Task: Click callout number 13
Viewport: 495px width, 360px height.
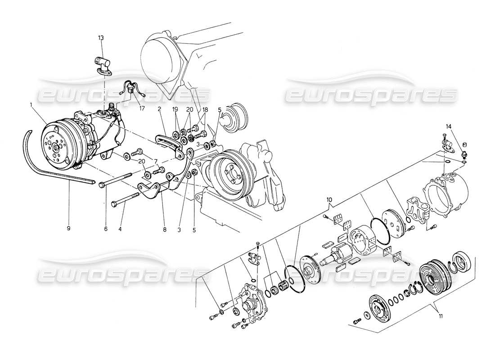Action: [100, 38]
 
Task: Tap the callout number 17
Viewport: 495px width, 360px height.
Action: [130, 108]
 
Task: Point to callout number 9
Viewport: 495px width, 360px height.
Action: [68, 228]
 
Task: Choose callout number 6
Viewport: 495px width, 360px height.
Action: [107, 229]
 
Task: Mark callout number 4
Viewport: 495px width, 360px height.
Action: [120, 229]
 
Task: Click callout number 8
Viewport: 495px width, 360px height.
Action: [165, 229]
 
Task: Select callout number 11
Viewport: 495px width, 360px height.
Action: [441, 316]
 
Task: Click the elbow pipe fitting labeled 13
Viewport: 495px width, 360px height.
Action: [102, 63]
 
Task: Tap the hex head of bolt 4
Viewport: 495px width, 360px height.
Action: [112, 204]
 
